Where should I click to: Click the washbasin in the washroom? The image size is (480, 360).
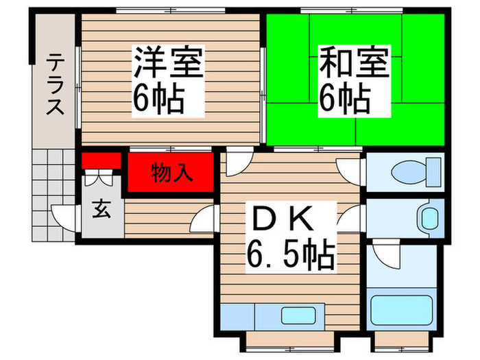coord(429,219)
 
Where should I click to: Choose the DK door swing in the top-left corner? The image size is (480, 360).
coord(237,163)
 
